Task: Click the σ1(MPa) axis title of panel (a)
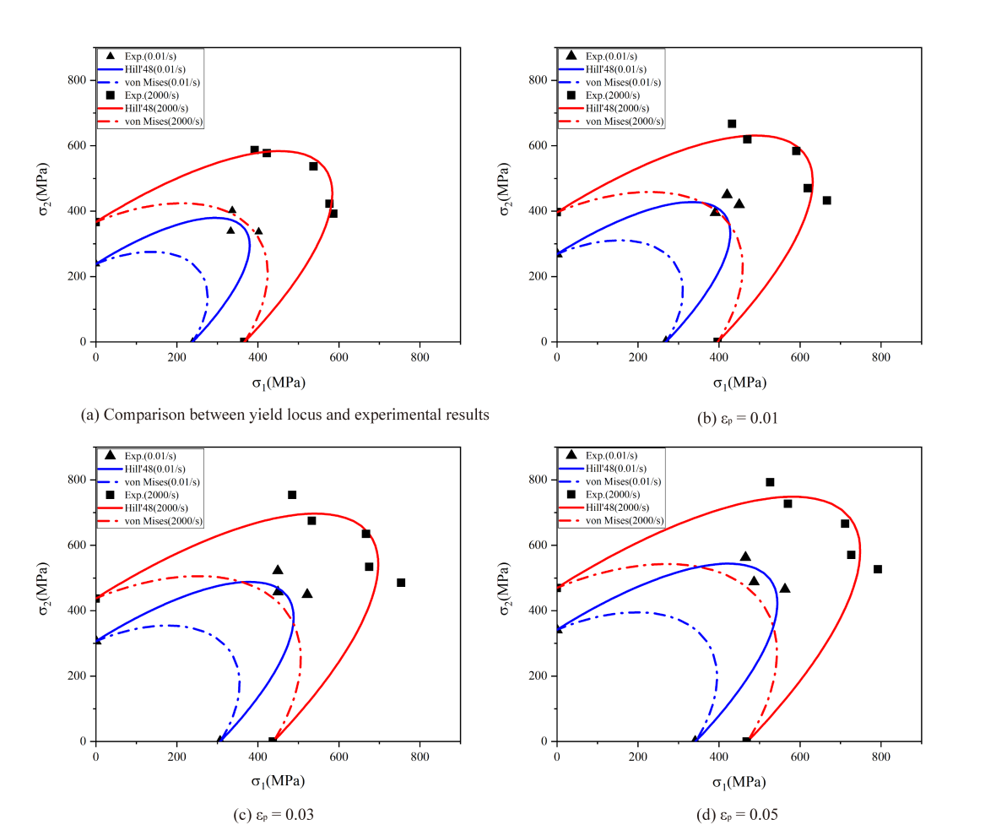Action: tap(278, 383)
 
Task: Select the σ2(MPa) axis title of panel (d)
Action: tap(505, 594)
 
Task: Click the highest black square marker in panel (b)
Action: tap(732, 124)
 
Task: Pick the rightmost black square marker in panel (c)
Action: tap(401, 583)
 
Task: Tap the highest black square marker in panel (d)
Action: tap(770, 482)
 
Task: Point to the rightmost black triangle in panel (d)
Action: tap(785, 588)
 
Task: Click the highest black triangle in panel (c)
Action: tap(278, 570)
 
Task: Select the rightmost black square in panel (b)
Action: tap(826, 200)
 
